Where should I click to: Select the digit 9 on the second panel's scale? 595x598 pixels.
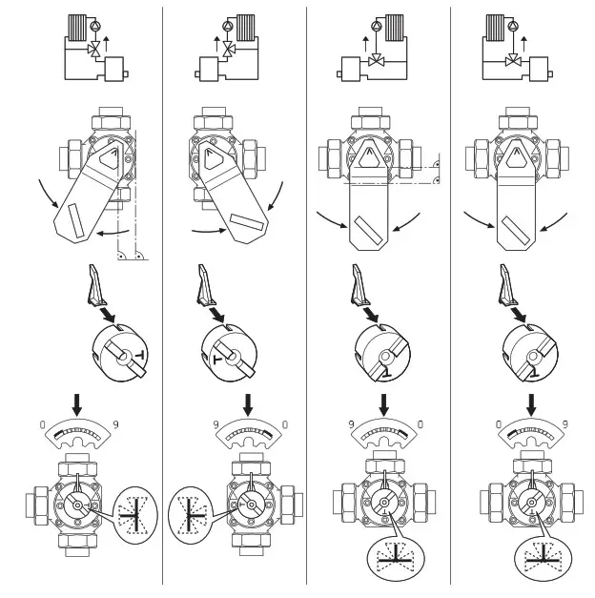pyautogui.click(x=204, y=423)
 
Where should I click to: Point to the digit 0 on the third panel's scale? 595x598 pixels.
pyautogui.click(x=420, y=423)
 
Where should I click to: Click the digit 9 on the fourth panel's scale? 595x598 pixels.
pyautogui.click(x=564, y=423)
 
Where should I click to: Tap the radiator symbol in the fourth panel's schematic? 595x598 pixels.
pyautogui.click(x=496, y=26)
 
